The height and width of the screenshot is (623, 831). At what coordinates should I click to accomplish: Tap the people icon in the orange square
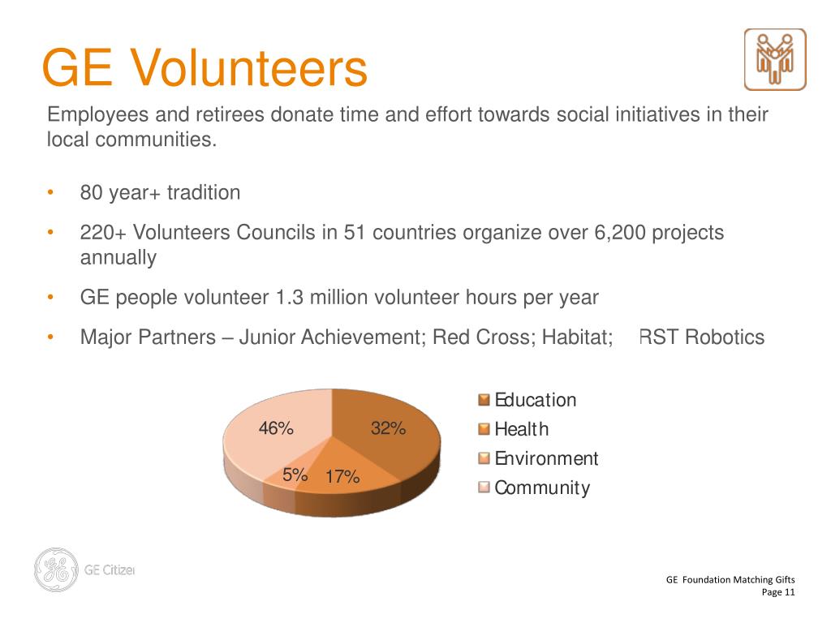click(775, 59)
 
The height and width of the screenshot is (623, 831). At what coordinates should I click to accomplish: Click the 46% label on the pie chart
click(276, 429)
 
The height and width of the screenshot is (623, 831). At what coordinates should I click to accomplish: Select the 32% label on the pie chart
click(388, 429)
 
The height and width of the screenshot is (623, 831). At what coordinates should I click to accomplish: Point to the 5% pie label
click(295, 475)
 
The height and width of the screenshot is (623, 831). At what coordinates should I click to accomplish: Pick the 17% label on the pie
click(342, 477)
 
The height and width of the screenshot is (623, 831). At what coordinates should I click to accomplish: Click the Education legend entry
click(535, 400)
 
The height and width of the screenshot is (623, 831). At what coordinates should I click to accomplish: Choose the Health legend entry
click(521, 429)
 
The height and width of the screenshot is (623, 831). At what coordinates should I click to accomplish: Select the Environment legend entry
click(545, 458)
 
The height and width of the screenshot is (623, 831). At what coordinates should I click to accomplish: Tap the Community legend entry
click(541, 488)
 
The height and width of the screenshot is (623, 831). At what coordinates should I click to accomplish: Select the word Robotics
click(725, 337)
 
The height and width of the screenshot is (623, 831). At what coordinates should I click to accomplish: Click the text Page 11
click(778, 592)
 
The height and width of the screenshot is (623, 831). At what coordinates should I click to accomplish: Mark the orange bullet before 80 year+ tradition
click(50, 193)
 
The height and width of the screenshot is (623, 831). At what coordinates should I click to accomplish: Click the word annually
click(118, 258)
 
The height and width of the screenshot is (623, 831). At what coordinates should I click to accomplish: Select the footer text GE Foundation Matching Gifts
click(730, 579)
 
